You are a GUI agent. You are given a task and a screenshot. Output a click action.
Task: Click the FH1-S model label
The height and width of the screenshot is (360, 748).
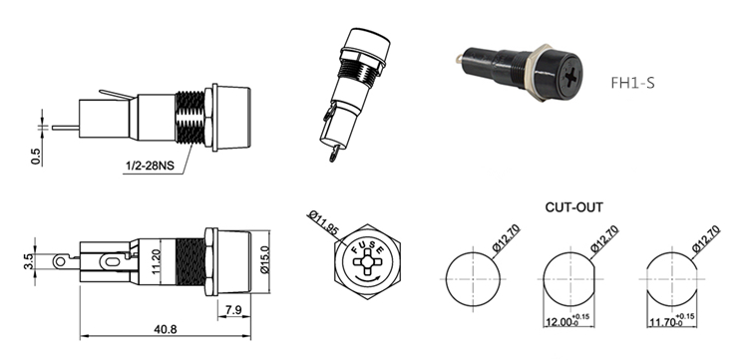(632, 83)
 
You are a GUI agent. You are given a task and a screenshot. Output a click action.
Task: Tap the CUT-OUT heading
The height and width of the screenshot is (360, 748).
(573, 207)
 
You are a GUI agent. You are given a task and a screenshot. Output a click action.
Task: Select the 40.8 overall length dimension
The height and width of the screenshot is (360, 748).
(165, 329)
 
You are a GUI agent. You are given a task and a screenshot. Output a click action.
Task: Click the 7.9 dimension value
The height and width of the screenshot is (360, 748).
(233, 310)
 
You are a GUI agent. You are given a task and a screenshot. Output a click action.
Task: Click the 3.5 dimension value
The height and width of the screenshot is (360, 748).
(28, 261)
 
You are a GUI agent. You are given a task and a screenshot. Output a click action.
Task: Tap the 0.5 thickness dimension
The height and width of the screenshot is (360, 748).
(36, 157)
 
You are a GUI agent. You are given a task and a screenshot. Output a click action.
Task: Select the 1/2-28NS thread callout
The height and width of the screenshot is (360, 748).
(150, 166)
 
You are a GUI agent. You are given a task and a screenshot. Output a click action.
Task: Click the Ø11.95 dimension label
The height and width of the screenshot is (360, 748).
(324, 222)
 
